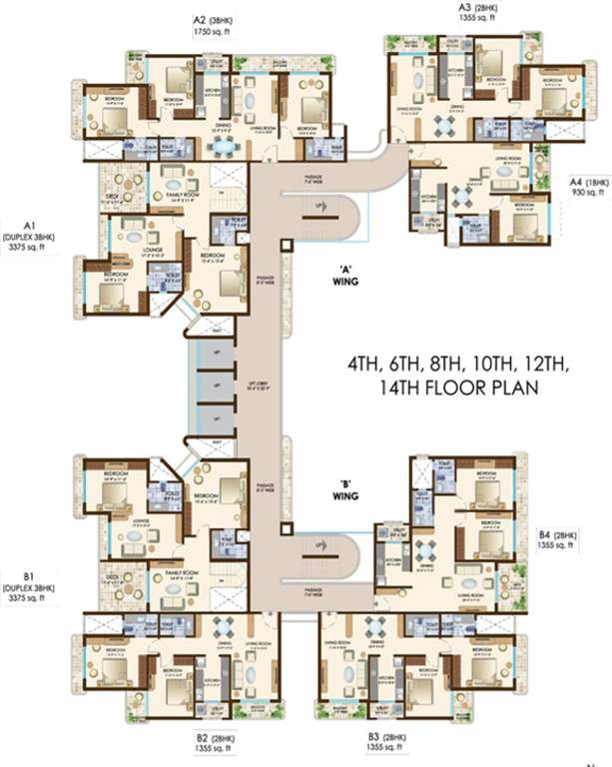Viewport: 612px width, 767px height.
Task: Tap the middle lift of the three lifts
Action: [212, 385]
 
